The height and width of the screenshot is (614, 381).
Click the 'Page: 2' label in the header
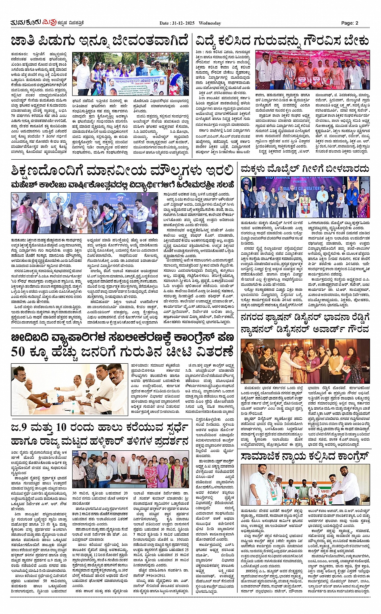point(349,23)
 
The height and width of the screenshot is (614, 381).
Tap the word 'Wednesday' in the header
point(210,23)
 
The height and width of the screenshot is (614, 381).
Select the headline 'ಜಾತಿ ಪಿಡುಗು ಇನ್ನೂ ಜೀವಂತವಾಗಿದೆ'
point(99,42)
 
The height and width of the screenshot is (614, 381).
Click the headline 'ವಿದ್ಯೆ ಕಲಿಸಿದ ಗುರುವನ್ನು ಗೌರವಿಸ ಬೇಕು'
point(282,42)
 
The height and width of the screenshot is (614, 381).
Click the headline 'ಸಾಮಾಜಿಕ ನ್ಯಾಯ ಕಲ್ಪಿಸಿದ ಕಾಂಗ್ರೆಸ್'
point(305,456)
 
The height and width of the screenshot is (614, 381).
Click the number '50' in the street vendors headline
point(19,352)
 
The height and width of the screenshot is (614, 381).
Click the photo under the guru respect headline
point(312,70)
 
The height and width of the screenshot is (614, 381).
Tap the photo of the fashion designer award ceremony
point(305,361)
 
